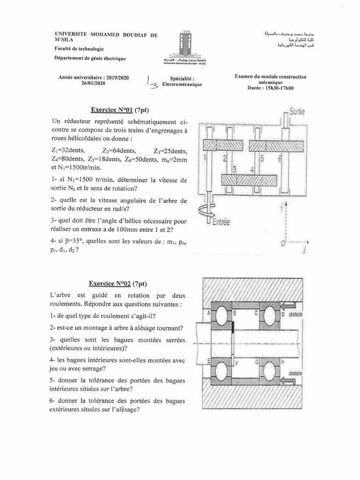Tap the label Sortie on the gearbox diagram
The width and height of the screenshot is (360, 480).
[x=297, y=112]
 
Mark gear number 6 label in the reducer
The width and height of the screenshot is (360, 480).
[x=279, y=158]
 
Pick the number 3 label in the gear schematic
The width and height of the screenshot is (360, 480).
[x=234, y=168]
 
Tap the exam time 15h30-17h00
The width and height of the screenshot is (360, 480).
[x=278, y=88]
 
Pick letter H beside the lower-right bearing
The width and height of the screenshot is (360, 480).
[x=283, y=362]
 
